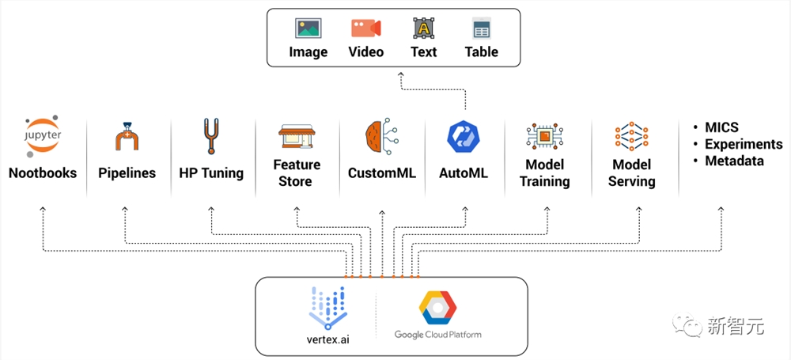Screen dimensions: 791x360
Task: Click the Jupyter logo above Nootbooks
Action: [x=43, y=136]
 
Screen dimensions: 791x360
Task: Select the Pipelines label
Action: [x=127, y=173]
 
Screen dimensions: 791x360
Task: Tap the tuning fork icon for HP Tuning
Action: [x=211, y=136]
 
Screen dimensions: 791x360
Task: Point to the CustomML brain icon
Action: [x=382, y=136]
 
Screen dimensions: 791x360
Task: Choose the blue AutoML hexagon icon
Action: [x=463, y=137]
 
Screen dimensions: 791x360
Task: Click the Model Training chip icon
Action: [x=544, y=136]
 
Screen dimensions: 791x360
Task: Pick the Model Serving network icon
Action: [x=631, y=136]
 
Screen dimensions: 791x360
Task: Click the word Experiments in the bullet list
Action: [x=744, y=145]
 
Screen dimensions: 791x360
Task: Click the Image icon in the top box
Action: [x=308, y=28]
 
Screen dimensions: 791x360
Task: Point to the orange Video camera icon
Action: [x=365, y=28]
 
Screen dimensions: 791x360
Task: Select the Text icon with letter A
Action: [x=423, y=28]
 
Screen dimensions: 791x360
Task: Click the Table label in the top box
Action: [x=481, y=52]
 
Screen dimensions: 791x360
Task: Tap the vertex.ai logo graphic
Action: [x=328, y=308]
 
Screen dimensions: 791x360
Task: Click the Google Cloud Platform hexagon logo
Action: [x=437, y=308]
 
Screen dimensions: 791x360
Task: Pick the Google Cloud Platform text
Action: [x=438, y=334]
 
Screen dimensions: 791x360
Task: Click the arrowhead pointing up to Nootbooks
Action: [x=43, y=208]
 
